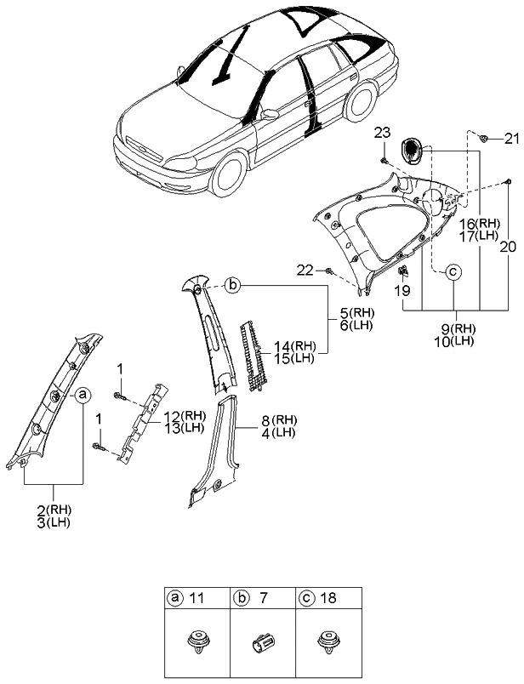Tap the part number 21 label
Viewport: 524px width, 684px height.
[x=510, y=139]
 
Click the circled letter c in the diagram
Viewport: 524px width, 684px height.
[x=453, y=272]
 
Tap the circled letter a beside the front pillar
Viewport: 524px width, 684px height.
[x=83, y=395]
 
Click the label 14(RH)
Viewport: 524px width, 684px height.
[x=291, y=345]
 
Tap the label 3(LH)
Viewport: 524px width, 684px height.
[x=53, y=522]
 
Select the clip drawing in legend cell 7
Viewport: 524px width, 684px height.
[x=263, y=641]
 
